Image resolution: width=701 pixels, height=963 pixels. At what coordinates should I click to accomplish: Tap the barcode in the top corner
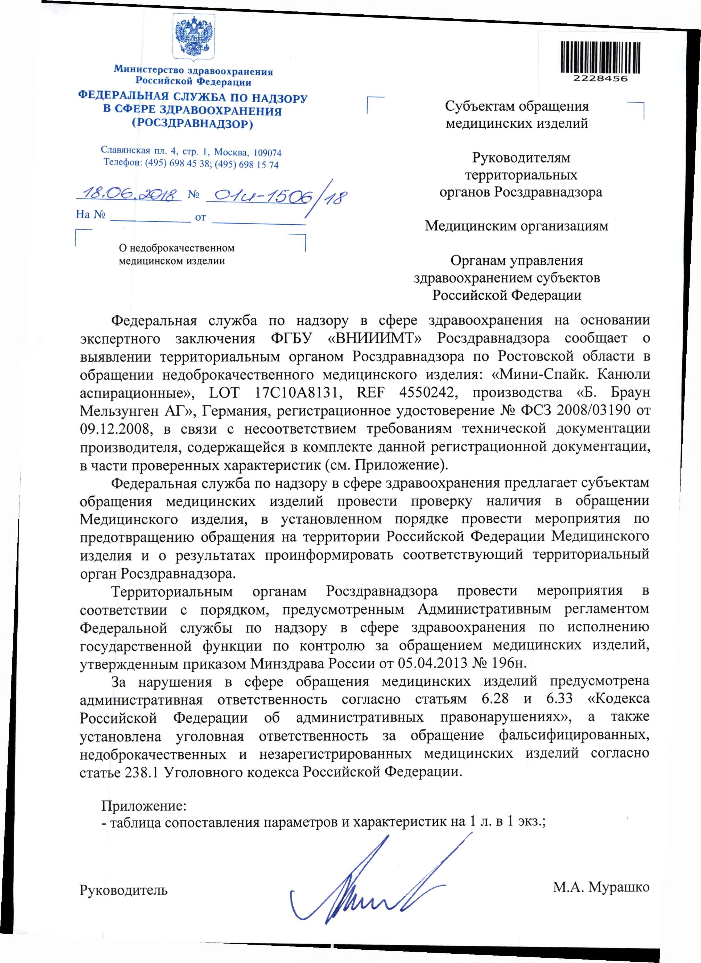point(600,57)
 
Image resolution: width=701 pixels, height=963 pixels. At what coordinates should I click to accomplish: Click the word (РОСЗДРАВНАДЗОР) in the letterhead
point(193,124)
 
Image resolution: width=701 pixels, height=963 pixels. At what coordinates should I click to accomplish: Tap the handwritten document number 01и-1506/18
point(276,197)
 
